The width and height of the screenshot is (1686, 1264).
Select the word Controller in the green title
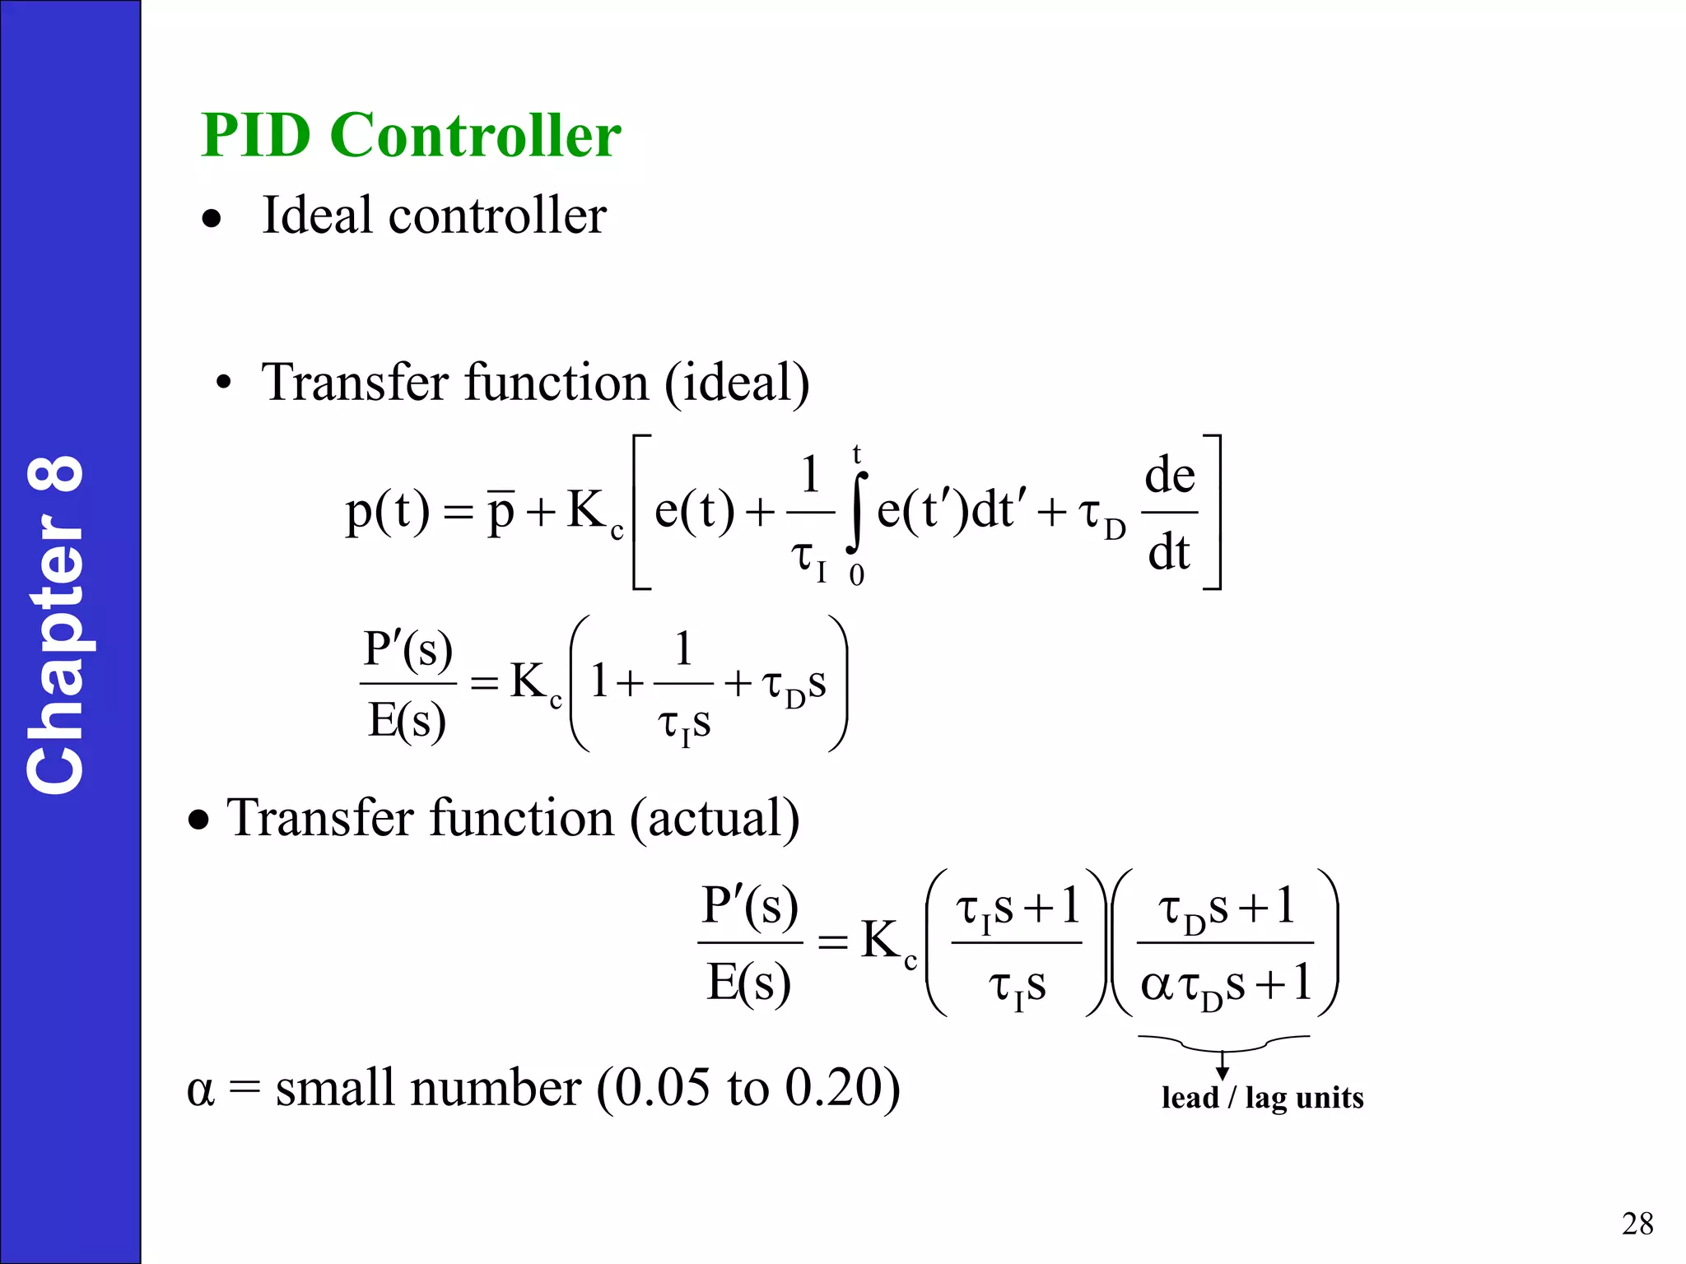point(476,135)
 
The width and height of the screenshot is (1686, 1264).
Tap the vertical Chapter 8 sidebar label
point(56,625)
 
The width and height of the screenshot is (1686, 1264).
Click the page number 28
point(1637,1224)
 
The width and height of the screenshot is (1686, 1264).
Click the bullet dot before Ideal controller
point(212,220)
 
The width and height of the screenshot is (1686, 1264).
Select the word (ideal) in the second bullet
point(737,383)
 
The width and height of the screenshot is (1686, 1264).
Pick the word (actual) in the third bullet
point(715,819)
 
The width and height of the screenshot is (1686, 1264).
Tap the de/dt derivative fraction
point(1170,513)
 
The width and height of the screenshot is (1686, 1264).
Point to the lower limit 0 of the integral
point(857,575)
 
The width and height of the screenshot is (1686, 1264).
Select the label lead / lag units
point(1262,1098)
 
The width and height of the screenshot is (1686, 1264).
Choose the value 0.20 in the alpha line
point(831,1088)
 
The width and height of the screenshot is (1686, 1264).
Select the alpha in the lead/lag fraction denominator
point(1156,985)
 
